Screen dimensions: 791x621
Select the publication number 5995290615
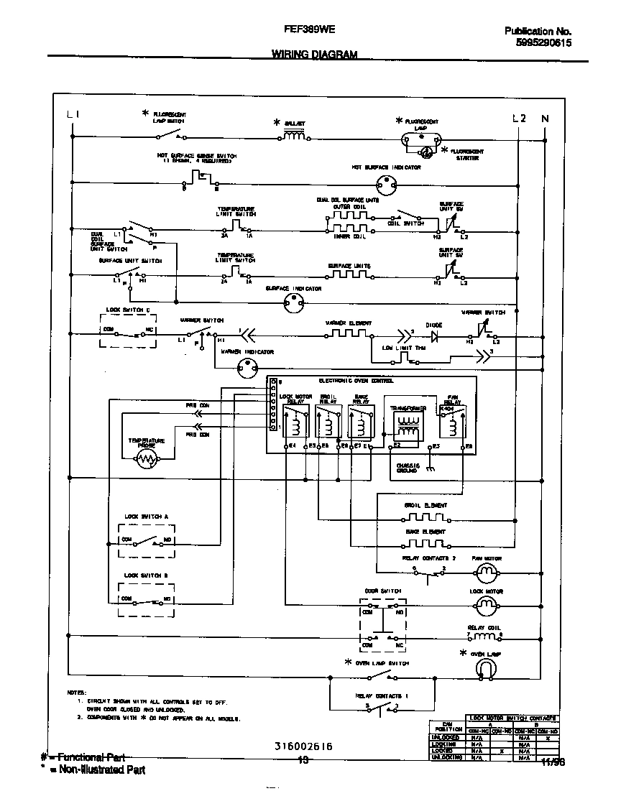[543, 43]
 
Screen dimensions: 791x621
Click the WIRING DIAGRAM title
[314, 55]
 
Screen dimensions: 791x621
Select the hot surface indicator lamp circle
[386, 182]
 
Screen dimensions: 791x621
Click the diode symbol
[433, 334]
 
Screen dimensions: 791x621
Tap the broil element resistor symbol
[424, 517]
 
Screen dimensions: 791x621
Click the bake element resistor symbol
[424, 543]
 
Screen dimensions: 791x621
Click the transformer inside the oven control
[406, 428]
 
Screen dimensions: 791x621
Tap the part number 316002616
[303, 747]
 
